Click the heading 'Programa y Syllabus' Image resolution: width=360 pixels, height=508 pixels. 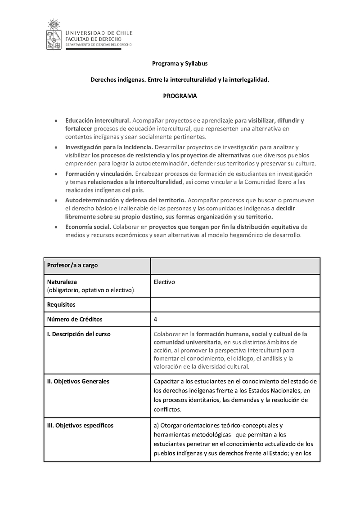coord(180,64)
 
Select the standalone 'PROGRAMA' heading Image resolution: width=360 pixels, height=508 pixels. coord(180,96)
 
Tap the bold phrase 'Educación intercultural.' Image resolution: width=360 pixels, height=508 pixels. coord(98,120)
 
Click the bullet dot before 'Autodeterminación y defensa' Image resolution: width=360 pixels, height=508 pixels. coord(55,200)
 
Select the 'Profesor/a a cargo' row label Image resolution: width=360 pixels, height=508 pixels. coord(72,265)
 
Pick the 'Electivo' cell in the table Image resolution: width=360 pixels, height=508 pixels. coord(164,282)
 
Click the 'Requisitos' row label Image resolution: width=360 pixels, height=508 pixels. coord(61,304)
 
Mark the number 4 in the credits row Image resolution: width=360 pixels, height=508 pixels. coord(155,320)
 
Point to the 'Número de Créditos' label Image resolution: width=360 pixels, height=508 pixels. coord(75,320)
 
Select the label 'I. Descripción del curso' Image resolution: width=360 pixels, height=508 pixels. coord(79,334)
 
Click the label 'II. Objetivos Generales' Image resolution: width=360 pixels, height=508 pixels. coord(78,381)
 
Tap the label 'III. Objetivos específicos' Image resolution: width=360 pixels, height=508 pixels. coord(80,425)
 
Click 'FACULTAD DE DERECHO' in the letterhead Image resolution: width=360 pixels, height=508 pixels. coord(93,39)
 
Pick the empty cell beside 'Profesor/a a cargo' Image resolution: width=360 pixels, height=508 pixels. coord(235,265)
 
